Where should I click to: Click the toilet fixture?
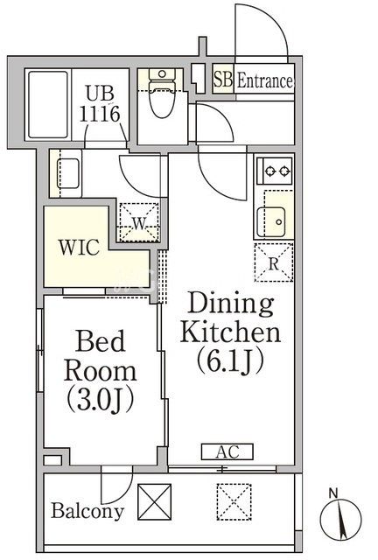pyautogui.click(x=162, y=93)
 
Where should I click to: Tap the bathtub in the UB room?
pyautogui.click(x=48, y=104)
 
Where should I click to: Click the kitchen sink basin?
pyautogui.click(x=271, y=221)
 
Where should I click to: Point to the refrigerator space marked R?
pyautogui.click(x=274, y=262)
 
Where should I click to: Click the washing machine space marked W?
pyautogui.click(x=139, y=222)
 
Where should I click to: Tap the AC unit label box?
pyautogui.click(x=227, y=451)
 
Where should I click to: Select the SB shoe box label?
pyautogui.click(x=223, y=79)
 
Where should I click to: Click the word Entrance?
pyautogui.click(x=265, y=80)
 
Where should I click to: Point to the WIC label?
pyautogui.click(x=79, y=247)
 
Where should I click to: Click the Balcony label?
pyautogui.click(x=87, y=511)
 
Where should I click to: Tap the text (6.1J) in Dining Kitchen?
pyautogui.click(x=230, y=360)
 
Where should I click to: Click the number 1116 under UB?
pyautogui.click(x=100, y=114)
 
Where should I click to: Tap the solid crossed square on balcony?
pyautogui.click(x=154, y=501)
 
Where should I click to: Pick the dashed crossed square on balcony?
pyautogui.click(x=234, y=501)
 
